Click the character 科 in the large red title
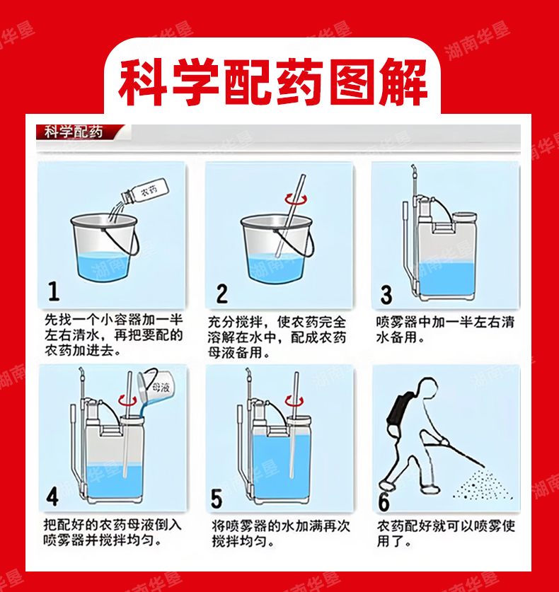point(144,82)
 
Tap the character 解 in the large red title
point(403,82)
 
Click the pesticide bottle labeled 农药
point(145,192)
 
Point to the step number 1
point(54,291)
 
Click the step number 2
point(222,294)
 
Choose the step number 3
point(386,294)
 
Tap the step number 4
point(52,496)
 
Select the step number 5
point(217,499)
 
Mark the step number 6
point(384,501)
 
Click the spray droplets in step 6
point(483,486)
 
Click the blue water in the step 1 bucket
point(103,266)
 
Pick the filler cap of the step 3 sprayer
point(465,217)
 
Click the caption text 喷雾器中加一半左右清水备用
point(445,330)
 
